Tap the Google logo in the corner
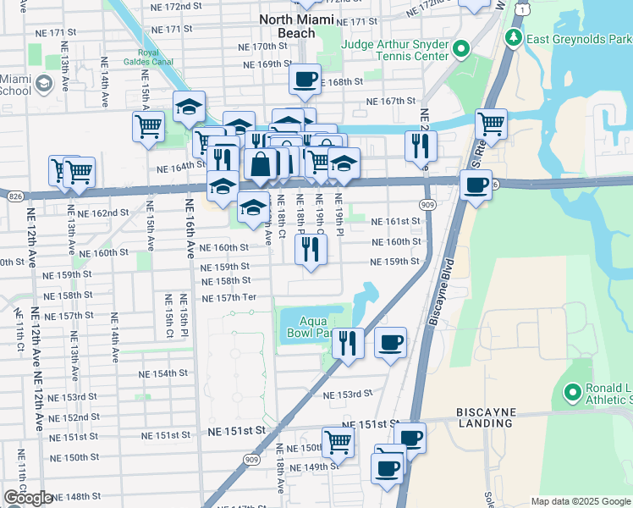(28, 498)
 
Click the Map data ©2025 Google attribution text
(580, 501)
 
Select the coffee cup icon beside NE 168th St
(305, 80)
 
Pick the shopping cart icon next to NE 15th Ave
(148, 127)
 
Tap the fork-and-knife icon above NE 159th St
(311, 248)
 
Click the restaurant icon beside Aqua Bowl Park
(348, 343)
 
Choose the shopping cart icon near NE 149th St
(338, 441)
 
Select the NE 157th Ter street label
(228, 298)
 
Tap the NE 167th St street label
(391, 102)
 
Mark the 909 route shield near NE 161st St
(425, 204)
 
